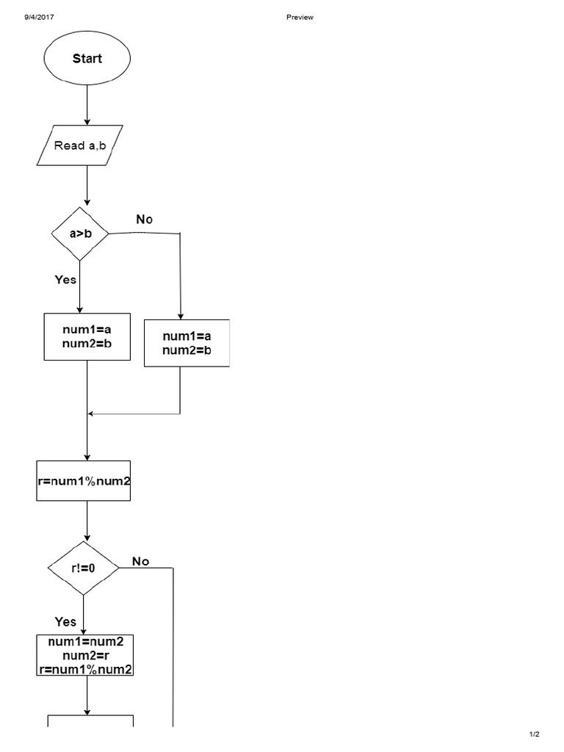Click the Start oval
point(87,59)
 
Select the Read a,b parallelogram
point(80,145)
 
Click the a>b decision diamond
point(80,234)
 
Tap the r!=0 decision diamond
point(83,568)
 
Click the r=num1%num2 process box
point(84,481)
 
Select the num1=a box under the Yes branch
point(87,336)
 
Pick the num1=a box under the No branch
point(187,343)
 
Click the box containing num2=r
point(84,655)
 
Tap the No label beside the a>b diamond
point(145,220)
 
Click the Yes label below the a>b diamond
point(65,279)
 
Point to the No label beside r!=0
point(140,562)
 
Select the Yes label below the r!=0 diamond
point(65,621)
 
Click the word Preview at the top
point(300,18)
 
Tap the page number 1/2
point(534,734)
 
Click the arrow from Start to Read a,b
point(87,104)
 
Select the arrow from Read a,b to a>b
point(87,185)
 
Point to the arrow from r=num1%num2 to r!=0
point(87,521)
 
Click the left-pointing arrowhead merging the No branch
point(92,414)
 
